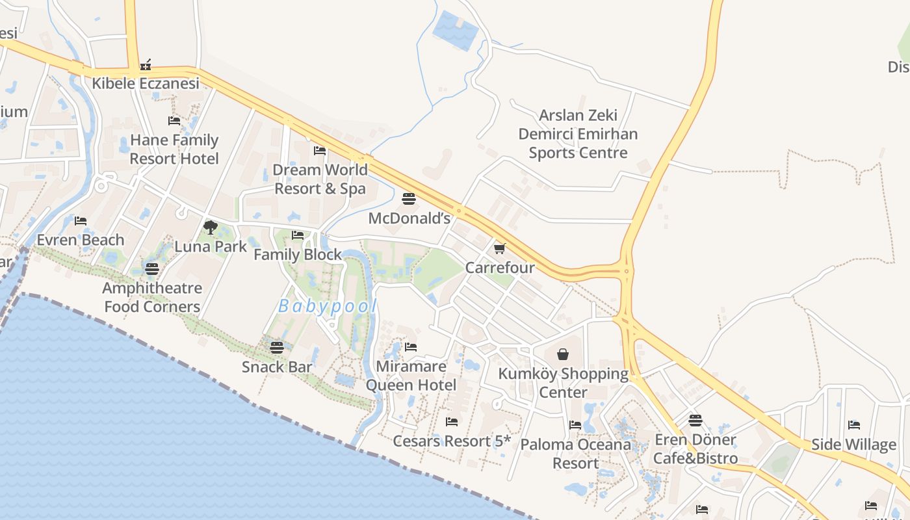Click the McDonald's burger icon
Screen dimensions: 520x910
coord(409,199)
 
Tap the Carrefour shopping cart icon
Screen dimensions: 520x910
coord(500,248)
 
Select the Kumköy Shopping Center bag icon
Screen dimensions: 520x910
coord(563,354)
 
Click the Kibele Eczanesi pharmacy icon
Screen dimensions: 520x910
coord(146,64)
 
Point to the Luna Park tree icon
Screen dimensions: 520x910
coord(210,227)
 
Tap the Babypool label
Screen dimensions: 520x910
coord(328,306)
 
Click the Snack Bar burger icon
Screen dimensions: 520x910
coord(277,347)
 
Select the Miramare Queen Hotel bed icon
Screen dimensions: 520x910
coord(411,347)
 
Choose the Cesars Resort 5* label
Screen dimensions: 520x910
coord(452,441)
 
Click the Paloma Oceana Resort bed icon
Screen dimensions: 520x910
coord(575,425)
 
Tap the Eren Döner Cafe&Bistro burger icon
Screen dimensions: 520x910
coord(695,421)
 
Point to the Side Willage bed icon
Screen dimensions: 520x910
coord(854,425)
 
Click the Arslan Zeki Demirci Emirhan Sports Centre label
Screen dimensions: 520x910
coord(578,134)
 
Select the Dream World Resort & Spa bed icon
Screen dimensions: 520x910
coord(320,151)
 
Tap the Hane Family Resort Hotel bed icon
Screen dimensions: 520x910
coord(174,121)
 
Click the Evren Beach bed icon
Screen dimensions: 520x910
coord(81,221)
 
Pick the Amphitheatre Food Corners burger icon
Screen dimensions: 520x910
coord(152,268)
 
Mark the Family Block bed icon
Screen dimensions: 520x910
coord(298,235)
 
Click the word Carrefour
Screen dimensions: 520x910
coord(500,268)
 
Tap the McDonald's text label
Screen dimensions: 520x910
coord(409,218)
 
